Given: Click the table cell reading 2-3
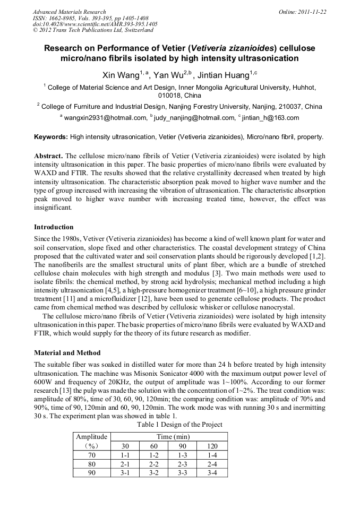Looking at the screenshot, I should (x=182, y=463).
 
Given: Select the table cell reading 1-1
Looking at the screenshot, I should (x=125, y=455).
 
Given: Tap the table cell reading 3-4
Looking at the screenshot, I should (x=212, y=472).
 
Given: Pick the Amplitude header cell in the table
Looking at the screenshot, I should (x=91, y=437).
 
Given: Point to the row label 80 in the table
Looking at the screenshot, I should (x=91, y=463).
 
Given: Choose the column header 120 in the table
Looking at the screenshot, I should (x=212, y=446).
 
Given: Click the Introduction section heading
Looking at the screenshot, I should (x=54, y=227).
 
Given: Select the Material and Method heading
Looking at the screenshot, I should (x=67, y=352).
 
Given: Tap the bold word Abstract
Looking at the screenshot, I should (x=48, y=157).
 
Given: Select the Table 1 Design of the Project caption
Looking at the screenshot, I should (x=179, y=425).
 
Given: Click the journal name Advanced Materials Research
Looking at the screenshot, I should (x=69, y=12).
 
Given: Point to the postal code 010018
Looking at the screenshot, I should (x=170, y=96).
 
